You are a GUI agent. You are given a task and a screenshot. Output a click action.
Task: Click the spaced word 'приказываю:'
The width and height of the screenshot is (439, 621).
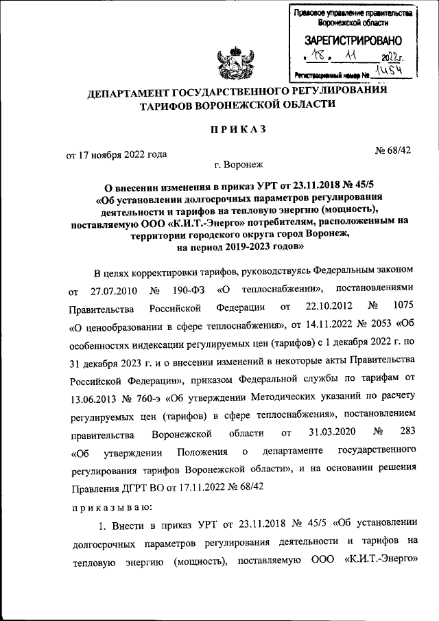[115, 508]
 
